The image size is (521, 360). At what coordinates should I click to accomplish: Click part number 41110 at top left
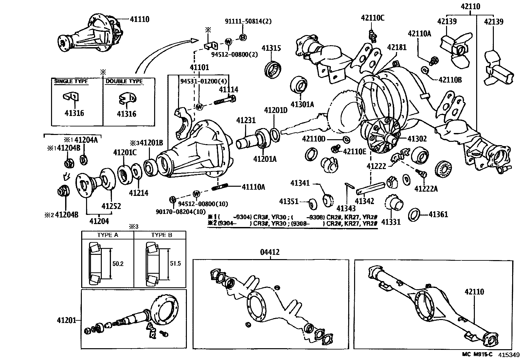point(139,19)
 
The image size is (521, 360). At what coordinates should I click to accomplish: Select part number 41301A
point(302,104)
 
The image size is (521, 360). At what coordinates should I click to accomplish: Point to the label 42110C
point(373,18)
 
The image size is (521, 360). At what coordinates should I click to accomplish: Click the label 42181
point(397,47)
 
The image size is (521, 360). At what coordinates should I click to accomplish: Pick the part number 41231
point(246,121)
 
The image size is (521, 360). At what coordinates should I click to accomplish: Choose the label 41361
point(438,215)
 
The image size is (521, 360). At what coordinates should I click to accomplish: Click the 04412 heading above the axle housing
point(270,252)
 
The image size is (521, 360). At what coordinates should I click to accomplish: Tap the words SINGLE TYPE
point(71,81)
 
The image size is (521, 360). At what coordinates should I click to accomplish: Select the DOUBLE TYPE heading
point(124,81)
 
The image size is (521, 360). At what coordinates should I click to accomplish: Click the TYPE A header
point(108,235)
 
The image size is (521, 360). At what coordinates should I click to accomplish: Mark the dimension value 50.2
point(118,263)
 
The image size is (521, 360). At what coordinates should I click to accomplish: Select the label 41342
point(364,201)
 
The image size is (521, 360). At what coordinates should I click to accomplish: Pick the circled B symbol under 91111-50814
point(243,38)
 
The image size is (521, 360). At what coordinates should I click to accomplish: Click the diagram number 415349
point(509,355)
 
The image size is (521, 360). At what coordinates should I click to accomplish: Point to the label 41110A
point(253,187)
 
